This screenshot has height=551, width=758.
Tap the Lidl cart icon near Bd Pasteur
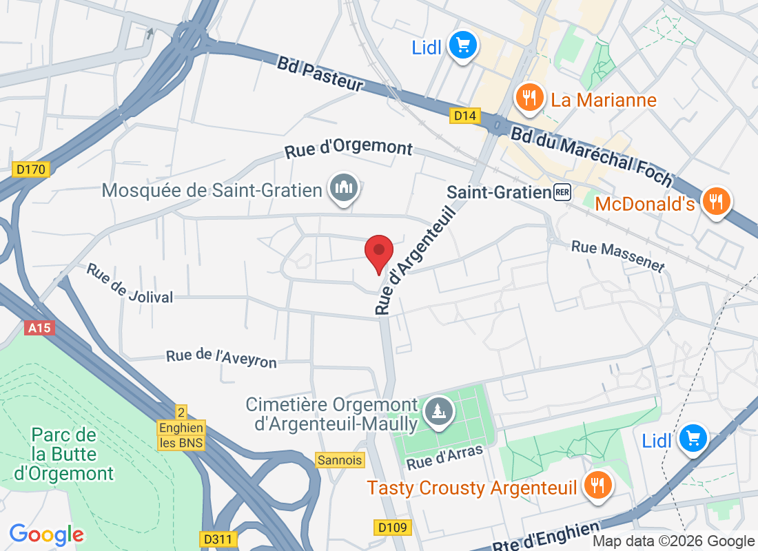pyautogui.click(x=462, y=47)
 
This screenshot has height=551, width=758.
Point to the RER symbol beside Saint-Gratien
pyautogui.click(x=562, y=192)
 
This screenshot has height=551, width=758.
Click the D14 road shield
pyautogui.click(x=465, y=116)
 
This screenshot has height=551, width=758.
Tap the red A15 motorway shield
pyautogui.click(x=39, y=328)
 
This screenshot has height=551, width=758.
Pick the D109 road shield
pyautogui.click(x=393, y=528)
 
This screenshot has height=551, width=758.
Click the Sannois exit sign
pyautogui.click(x=340, y=459)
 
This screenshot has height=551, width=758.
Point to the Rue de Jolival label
pyautogui.click(x=129, y=283)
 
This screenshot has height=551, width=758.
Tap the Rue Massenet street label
pyautogui.click(x=618, y=256)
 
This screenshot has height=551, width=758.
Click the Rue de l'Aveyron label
pyautogui.click(x=221, y=358)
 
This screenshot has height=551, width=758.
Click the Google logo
pyautogui.click(x=47, y=534)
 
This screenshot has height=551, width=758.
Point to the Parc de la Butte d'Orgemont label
pyautogui.click(x=63, y=455)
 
